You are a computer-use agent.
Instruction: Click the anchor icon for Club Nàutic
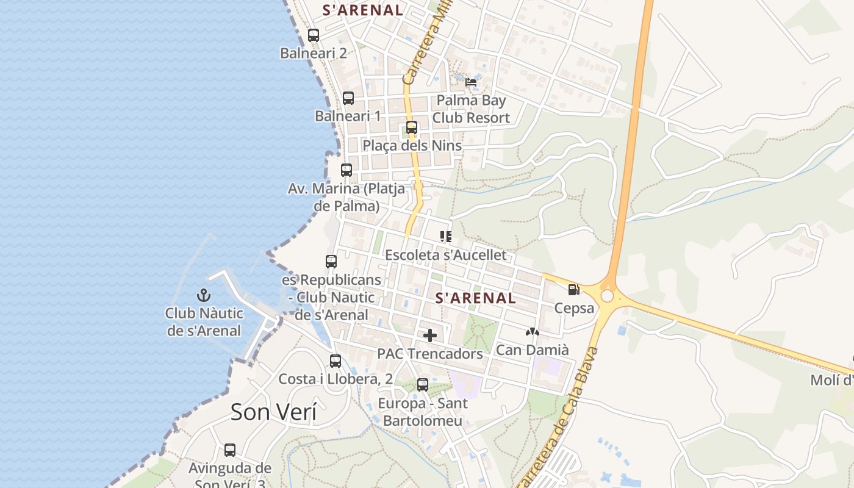203,296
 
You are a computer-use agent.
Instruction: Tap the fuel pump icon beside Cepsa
573,290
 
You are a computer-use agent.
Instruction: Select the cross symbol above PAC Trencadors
430,335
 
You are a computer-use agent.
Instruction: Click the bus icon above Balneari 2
314,35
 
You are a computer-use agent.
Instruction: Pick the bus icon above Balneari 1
348,98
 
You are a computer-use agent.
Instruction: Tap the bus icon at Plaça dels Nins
412,127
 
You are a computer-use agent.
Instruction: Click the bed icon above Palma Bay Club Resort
471,82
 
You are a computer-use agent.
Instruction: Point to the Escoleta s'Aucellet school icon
446,236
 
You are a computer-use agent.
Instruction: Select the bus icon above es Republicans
331,262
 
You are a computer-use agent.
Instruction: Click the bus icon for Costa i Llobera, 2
335,361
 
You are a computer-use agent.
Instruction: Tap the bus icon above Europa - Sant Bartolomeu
423,385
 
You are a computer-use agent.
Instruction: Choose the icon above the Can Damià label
533,332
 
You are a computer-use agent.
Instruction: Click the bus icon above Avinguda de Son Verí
230,450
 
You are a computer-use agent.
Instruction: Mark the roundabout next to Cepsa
607,296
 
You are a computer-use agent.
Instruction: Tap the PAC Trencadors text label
430,354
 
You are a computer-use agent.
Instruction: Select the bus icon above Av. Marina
346,170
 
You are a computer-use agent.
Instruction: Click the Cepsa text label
574,308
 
